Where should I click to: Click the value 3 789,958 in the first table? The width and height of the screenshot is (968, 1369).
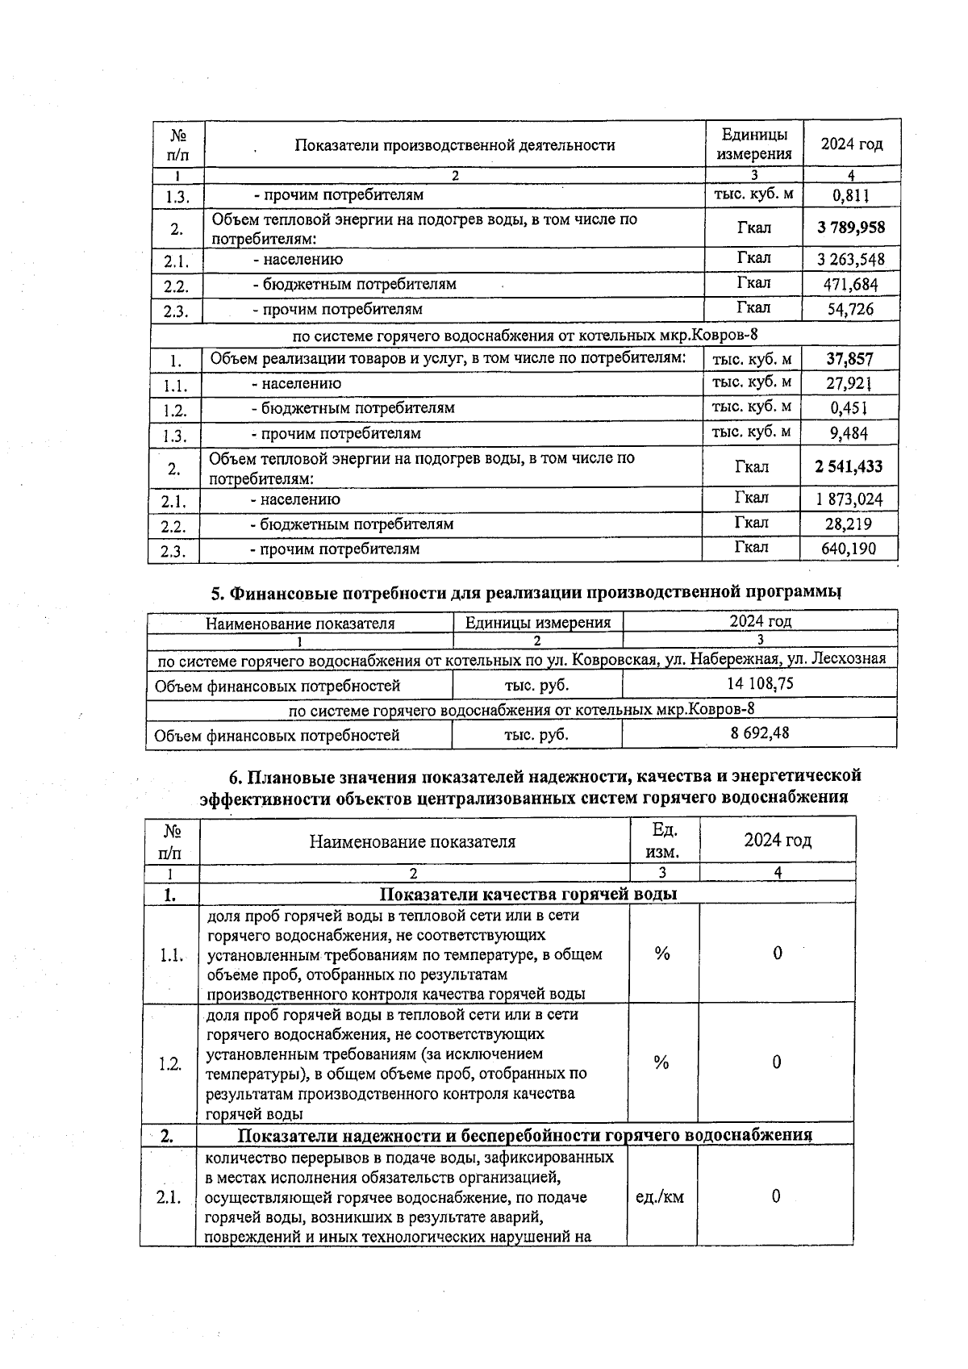pyautogui.click(x=850, y=227)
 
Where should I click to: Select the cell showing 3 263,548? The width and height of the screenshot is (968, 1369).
pyautogui.click(x=850, y=260)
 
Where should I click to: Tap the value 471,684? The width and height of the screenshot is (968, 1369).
pyautogui.click(x=850, y=284)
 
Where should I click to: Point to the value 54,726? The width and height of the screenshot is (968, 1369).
pyautogui.click(x=850, y=309)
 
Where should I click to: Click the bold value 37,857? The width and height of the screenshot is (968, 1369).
pyautogui.click(x=849, y=359)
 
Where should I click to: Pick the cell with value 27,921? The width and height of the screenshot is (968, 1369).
pyautogui.click(x=849, y=383)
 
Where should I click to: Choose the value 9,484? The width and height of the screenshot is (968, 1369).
pyautogui.click(x=849, y=433)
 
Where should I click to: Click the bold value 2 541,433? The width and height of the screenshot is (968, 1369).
pyautogui.click(x=849, y=467)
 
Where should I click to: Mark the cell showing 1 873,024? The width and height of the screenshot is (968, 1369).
pyautogui.click(x=849, y=499)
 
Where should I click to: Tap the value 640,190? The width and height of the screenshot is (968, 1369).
pyautogui.click(x=849, y=549)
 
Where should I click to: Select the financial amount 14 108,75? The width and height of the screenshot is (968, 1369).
pyautogui.click(x=760, y=684)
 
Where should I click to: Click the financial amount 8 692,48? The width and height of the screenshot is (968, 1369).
pyautogui.click(x=759, y=733)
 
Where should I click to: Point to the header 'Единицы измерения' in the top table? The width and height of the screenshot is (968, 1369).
pyautogui.click(x=754, y=144)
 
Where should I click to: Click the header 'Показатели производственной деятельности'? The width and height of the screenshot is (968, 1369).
pyautogui.click(x=454, y=145)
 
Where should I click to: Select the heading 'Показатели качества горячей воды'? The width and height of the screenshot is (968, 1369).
pyautogui.click(x=528, y=894)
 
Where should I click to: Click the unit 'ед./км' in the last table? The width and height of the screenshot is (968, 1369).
pyautogui.click(x=660, y=1197)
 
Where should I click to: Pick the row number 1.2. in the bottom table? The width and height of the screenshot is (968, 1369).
pyautogui.click(x=170, y=1064)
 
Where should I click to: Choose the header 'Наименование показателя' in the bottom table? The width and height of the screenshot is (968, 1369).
pyautogui.click(x=412, y=842)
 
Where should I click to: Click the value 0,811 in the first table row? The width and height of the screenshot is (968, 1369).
pyautogui.click(x=851, y=195)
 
